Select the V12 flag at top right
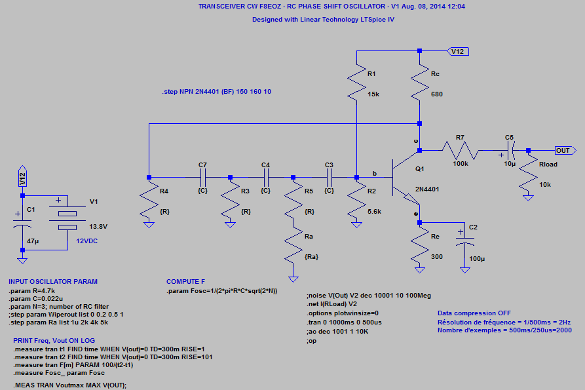click(x=457, y=51)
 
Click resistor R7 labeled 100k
click(x=459, y=150)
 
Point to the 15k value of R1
click(x=373, y=94)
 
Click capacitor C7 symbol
click(x=202, y=177)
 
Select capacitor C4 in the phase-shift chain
click(x=266, y=177)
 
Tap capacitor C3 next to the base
click(x=330, y=177)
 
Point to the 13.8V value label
click(x=97, y=226)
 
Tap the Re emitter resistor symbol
click(x=420, y=247)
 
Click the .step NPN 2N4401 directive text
click(x=216, y=92)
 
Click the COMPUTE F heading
click(x=186, y=281)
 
